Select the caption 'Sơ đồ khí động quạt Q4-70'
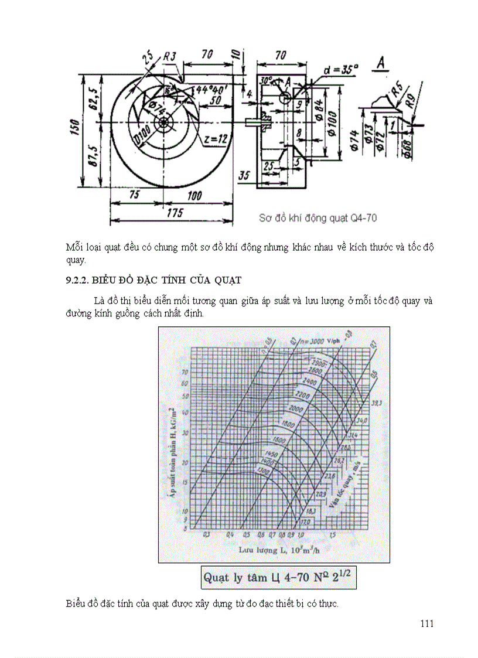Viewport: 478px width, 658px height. (318, 218)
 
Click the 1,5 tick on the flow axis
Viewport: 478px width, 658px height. (333, 536)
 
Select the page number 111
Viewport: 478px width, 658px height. (427, 623)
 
